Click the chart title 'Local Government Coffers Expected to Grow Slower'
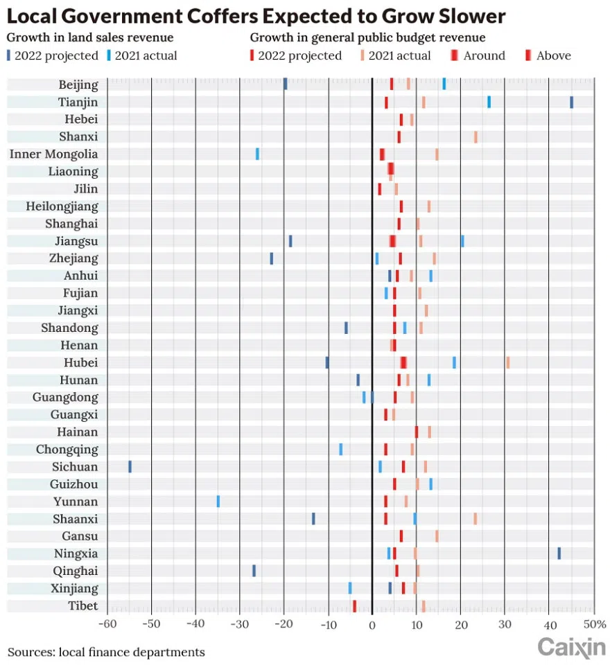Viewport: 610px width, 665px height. (x=256, y=16)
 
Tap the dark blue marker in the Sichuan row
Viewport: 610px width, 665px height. (x=130, y=466)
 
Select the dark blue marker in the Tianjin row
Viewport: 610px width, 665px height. (x=571, y=102)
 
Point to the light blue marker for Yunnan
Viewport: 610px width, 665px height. (x=218, y=501)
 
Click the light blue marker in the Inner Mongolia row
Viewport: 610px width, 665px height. (x=257, y=154)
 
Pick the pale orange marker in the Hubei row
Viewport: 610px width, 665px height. (x=507, y=362)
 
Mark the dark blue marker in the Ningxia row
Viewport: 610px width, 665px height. (x=559, y=553)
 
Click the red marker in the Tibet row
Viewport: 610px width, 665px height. (x=354, y=605)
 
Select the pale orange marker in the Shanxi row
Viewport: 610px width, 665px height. (x=476, y=136)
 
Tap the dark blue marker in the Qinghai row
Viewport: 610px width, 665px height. (x=254, y=570)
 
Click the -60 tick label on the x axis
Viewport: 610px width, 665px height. (x=107, y=624)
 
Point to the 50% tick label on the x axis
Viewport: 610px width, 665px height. (x=593, y=624)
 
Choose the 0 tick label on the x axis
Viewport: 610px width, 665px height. (x=372, y=624)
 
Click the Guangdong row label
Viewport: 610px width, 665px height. (x=65, y=397)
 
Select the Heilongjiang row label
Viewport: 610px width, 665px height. (x=62, y=206)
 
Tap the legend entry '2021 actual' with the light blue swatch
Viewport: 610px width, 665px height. (x=143, y=55)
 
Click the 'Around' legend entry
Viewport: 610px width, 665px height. (x=478, y=55)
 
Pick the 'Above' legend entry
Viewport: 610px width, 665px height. (x=548, y=55)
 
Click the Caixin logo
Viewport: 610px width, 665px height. (x=571, y=647)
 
